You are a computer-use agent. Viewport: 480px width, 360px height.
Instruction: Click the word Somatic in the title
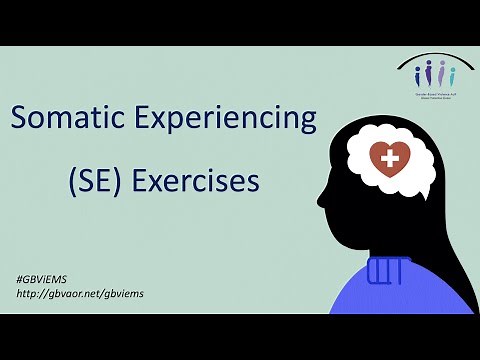coord(73,121)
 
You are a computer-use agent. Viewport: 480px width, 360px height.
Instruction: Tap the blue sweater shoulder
coord(440,290)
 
